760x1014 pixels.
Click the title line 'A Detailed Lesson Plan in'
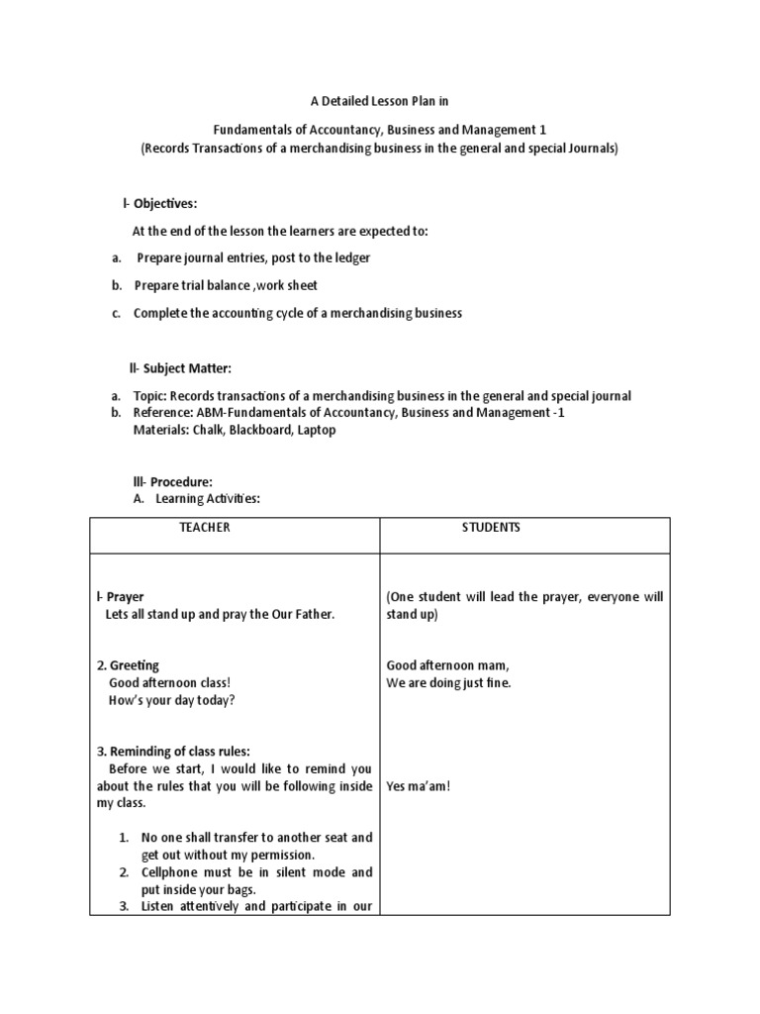pos(380,101)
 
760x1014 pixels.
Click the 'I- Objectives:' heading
pos(159,204)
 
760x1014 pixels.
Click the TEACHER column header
pos(204,528)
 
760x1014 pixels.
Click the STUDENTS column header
pos(490,528)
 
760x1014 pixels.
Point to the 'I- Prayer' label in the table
pos(120,597)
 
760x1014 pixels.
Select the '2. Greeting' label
pos(128,665)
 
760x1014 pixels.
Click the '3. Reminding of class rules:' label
pos(173,752)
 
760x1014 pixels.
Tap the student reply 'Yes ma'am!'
pos(419,786)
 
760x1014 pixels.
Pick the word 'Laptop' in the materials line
pos(316,430)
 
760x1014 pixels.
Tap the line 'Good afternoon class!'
pos(169,683)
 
